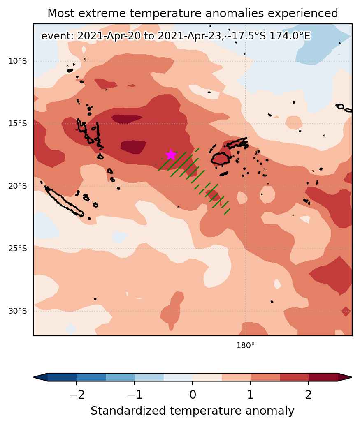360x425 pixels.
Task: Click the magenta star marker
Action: click(x=171, y=155)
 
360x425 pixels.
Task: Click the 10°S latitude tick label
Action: click(x=18, y=61)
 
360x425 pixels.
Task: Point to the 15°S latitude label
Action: click(x=18, y=124)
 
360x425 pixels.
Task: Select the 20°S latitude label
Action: click(x=18, y=186)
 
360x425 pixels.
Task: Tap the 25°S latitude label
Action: click(x=18, y=248)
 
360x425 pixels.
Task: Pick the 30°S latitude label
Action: click(x=18, y=311)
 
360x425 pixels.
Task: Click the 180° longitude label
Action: click(x=246, y=345)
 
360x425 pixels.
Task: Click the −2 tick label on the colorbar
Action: click(x=77, y=395)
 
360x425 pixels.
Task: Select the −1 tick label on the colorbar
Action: click(x=135, y=395)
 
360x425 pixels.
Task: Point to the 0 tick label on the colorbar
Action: click(x=193, y=395)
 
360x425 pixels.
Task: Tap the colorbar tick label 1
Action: click(x=251, y=395)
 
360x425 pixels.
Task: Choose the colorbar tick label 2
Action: click(x=309, y=395)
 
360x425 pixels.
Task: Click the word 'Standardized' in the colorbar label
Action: click(x=128, y=411)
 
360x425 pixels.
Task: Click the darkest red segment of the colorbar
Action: click(x=323, y=377)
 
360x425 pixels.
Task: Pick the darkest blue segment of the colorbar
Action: click(x=62, y=377)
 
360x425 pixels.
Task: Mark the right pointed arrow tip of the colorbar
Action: click(x=352, y=377)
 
